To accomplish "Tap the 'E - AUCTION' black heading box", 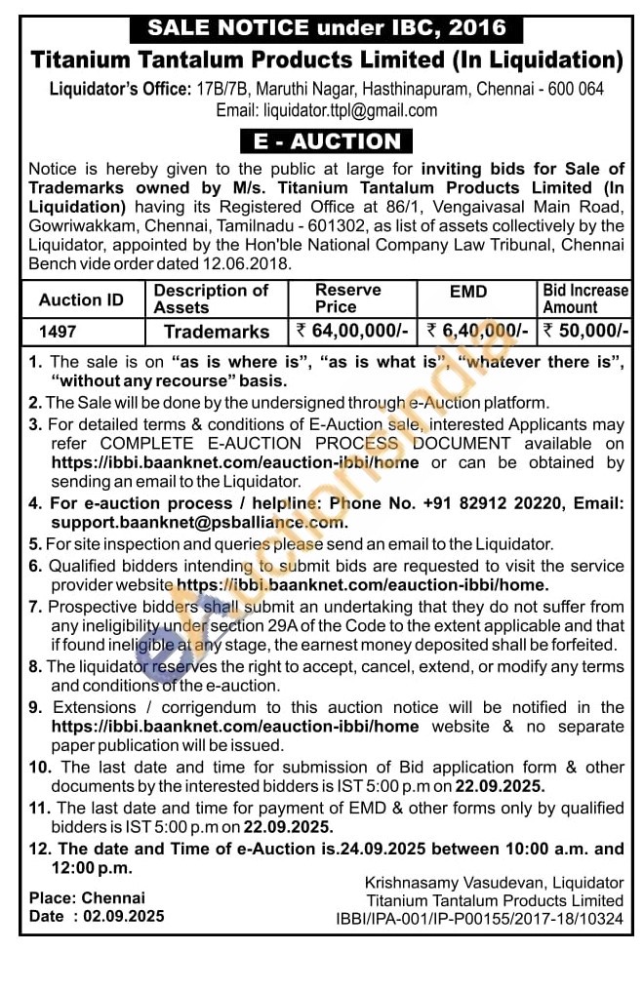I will click(x=327, y=141).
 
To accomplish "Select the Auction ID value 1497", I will click(x=58, y=332).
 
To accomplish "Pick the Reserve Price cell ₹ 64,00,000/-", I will click(x=351, y=332).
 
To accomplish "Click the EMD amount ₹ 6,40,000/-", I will click(x=478, y=332).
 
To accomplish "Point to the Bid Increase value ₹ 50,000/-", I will click(x=585, y=332).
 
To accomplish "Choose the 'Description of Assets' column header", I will click(x=211, y=298).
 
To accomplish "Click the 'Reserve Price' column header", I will click(x=348, y=298).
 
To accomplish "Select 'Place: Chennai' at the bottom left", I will click(x=87, y=897).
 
